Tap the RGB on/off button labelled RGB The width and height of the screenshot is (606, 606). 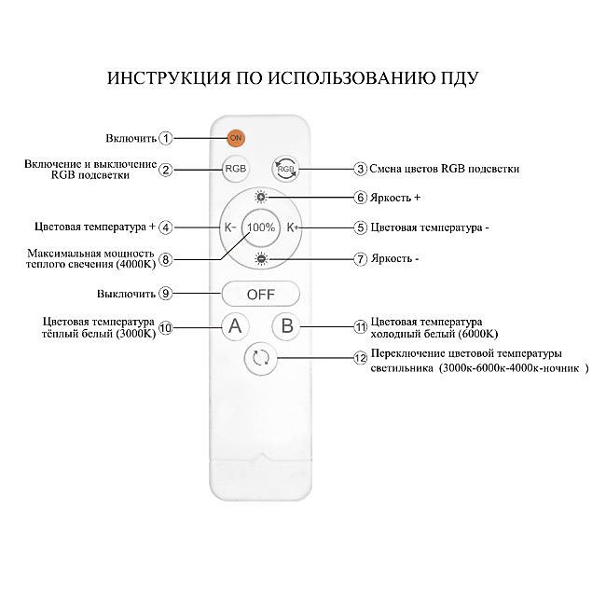(236, 169)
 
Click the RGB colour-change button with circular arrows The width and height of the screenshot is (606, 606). (286, 169)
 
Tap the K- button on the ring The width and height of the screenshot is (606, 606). (229, 227)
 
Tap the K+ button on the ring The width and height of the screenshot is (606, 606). (292, 227)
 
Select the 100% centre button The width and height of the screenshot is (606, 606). (261, 227)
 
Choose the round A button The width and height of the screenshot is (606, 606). (236, 325)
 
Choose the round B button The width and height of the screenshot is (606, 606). (287, 325)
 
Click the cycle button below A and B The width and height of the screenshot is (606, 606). (261, 357)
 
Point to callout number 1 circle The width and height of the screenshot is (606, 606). (166, 138)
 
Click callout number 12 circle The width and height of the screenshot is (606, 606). (359, 357)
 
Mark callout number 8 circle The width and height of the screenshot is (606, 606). (166, 259)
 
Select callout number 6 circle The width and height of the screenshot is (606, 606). (360, 198)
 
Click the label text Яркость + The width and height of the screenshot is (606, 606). (395, 198)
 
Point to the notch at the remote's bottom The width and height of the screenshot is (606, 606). (261, 459)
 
